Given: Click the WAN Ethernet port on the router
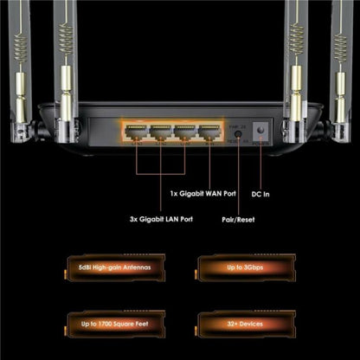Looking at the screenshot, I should [209, 132].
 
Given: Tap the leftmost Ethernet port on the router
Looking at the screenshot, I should [135, 132].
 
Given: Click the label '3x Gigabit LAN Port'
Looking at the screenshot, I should [157, 220].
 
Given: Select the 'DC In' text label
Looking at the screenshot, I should [262, 194].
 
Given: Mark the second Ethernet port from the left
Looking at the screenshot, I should [160, 132].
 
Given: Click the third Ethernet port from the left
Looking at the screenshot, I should [184, 132].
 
